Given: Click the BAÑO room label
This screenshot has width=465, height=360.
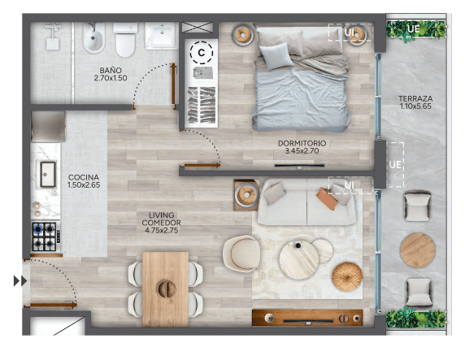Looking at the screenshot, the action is (111, 70).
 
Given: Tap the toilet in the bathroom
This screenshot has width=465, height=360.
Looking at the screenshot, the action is (125, 41).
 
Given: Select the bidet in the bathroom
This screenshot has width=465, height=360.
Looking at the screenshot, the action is (93, 38).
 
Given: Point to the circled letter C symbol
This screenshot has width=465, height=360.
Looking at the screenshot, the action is (202, 53).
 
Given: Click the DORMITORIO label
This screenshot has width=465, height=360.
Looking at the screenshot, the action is (302, 143).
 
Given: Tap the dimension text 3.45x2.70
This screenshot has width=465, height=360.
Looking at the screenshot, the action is (302, 151).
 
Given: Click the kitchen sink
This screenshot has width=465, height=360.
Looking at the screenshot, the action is (48, 174).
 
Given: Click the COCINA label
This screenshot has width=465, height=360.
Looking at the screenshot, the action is (84, 177).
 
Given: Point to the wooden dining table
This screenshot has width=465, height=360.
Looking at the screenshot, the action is (165, 289).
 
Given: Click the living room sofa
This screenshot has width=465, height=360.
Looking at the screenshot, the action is (306, 202).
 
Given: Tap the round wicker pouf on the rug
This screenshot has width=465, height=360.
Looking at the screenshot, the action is (347, 276).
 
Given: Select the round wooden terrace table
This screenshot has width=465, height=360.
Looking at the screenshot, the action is (418, 250).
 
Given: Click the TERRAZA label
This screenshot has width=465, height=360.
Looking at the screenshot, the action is (415, 99).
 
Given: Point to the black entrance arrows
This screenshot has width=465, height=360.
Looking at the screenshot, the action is (20, 280).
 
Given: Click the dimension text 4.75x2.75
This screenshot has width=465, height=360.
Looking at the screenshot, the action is (162, 230).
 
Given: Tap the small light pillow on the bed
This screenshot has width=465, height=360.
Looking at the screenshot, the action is (276, 55).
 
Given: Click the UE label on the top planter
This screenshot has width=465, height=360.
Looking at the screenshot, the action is (414, 28).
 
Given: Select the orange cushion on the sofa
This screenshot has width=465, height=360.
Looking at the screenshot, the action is (327, 199).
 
